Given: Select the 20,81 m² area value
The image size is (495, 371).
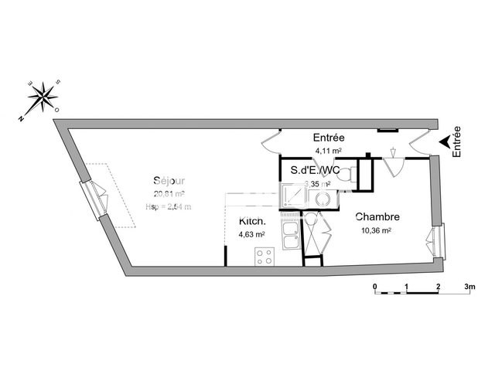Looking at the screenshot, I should coord(168,194).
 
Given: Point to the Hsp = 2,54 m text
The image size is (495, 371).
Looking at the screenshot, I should coord(168,206).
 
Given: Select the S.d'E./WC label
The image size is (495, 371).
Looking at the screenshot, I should coord(316,170).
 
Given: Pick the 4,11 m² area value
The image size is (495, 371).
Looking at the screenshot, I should coord(328,151).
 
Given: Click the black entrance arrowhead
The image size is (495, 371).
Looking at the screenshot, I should coord(444,141).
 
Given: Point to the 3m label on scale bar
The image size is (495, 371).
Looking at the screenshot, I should coord(469,286).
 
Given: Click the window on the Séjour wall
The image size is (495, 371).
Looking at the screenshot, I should coord(95,199).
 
